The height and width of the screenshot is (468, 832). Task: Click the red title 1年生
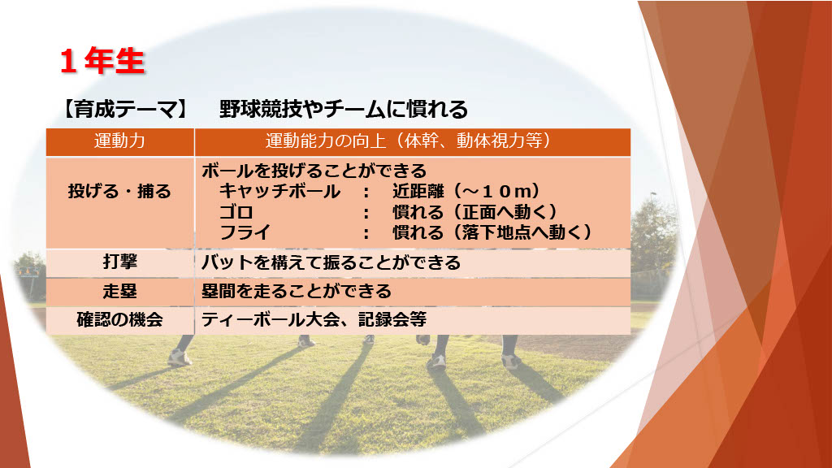[102, 61]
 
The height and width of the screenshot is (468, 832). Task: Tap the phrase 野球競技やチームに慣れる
[344, 110]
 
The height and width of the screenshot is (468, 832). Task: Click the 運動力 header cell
[119, 141]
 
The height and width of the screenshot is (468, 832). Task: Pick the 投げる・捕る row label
[119, 191]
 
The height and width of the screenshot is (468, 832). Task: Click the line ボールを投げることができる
[314, 171]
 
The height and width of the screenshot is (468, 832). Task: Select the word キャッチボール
[279, 191]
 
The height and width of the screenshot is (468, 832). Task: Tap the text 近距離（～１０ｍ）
[467, 191]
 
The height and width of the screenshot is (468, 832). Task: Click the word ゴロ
[236, 212]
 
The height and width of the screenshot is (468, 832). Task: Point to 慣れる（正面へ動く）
[475, 212]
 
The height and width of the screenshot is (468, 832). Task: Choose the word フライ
[245, 232]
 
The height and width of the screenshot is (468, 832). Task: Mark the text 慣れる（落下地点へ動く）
[492, 232]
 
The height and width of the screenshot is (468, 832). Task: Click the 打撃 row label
[120, 262]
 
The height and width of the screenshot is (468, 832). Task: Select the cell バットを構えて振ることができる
[331, 262]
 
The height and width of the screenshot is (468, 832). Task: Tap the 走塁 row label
[120, 292]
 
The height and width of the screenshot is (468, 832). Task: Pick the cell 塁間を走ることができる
[297, 292]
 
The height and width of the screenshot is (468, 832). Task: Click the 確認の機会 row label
[120, 320]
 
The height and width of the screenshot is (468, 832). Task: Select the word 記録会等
[392, 320]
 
